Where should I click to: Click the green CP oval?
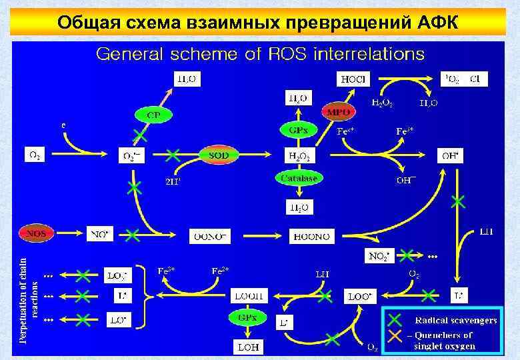coord(154,113)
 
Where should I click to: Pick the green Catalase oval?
coord(297,178)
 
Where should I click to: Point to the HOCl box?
coord(353,79)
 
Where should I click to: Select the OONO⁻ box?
coord(211,235)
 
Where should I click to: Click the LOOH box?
coord(248,294)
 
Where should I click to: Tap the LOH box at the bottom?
coord(248,346)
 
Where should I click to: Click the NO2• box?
coord(381,255)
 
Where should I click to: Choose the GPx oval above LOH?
coord(248,318)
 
